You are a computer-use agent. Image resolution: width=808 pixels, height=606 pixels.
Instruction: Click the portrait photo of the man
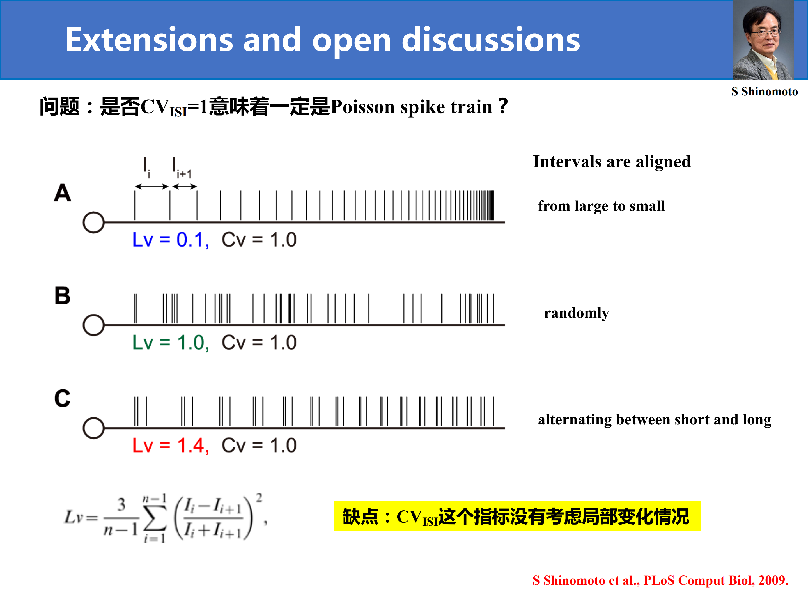[x=763, y=40]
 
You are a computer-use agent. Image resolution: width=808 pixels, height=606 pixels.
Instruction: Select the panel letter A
[x=63, y=192]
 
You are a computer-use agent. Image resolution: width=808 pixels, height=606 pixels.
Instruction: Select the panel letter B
[x=63, y=295]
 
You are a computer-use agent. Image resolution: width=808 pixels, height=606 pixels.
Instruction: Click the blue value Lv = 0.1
[x=171, y=240]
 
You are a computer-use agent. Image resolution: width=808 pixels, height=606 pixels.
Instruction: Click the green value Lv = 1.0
[x=171, y=343]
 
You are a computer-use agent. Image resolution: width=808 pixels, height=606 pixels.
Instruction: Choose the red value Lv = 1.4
[x=171, y=446]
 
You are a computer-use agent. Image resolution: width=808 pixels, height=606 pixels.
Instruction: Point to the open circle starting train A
[x=93, y=222]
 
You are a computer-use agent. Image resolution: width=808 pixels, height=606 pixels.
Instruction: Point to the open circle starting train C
[x=93, y=428]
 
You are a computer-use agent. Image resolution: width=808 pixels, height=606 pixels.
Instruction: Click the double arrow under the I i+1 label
[x=185, y=187]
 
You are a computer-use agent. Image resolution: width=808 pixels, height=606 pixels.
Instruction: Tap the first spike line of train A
[x=135, y=205]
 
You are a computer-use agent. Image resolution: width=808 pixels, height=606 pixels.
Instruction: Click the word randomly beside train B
[x=577, y=313]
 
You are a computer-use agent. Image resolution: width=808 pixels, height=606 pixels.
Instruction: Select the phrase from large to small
[x=601, y=206]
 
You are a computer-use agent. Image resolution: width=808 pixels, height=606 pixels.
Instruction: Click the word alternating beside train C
[x=575, y=420]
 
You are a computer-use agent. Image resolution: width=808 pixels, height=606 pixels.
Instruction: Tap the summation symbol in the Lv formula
[x=155, y=519]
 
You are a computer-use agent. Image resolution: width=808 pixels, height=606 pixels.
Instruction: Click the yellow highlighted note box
[x=517, y=516]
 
